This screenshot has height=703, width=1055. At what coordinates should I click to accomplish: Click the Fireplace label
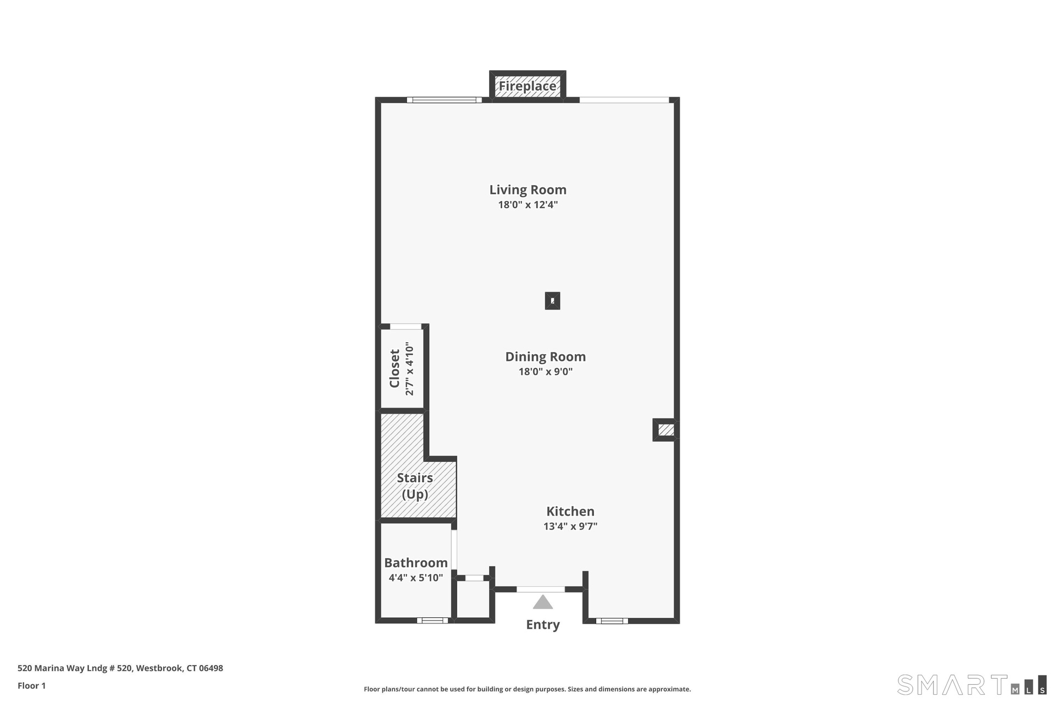point(527,86)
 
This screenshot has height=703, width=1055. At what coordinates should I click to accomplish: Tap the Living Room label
point(528,189)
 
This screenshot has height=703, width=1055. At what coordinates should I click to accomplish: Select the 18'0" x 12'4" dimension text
point(528,205)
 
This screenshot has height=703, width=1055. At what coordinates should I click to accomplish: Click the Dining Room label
point(546,356)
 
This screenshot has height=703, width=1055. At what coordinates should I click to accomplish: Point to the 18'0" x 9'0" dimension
point(546,372)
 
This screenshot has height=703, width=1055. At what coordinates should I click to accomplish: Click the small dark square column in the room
point(552,301)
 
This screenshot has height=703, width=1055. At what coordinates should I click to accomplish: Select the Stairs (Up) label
point(415,486)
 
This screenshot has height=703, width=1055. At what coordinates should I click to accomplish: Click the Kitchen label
point(570,511)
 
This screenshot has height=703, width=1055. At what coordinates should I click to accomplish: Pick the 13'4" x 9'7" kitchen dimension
point(570,526)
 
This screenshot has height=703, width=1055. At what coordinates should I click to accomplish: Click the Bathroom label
point(416,562)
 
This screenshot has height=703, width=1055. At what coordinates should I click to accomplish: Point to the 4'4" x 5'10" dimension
point(416,578)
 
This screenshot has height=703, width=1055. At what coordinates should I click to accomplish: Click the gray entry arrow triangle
point(543,602)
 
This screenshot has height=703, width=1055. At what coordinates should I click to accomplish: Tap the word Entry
point(543,624)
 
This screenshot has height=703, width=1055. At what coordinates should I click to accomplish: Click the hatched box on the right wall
point(666,429)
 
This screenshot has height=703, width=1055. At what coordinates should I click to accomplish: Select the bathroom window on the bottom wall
point(432,621)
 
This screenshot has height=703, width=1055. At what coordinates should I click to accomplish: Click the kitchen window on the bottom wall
point(612,621)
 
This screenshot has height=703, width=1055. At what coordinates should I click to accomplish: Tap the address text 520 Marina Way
point(120,668)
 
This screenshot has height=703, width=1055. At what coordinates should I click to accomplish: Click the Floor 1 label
point(32,685)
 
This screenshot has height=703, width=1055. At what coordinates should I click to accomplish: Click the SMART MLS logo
point(972,684)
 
